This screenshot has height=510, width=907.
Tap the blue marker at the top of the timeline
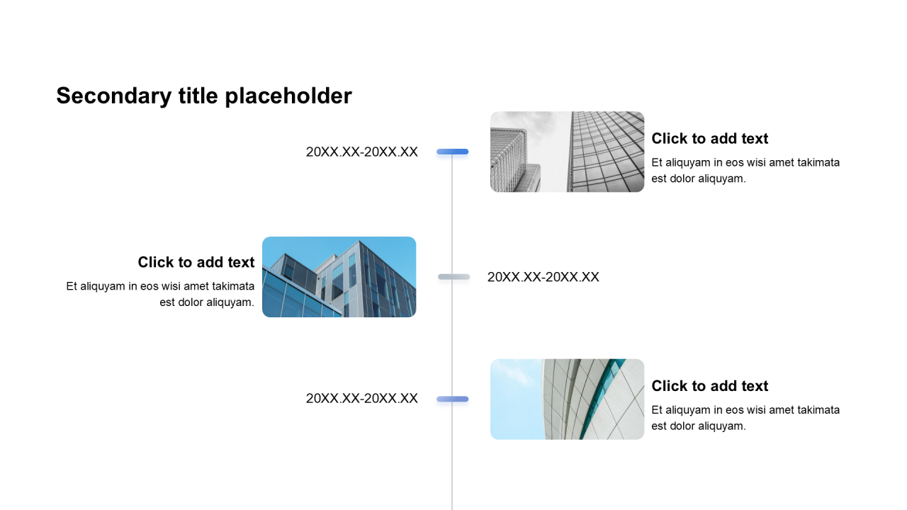453,152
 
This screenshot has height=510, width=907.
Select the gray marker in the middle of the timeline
453,277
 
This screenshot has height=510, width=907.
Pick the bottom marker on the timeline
453,399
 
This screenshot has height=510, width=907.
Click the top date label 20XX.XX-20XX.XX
361,152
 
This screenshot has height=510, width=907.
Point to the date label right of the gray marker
543,277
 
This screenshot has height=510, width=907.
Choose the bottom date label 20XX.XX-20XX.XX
361,398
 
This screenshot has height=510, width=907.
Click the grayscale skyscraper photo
567,152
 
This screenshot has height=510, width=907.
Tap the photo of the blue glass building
339,277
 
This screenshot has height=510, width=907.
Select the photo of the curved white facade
567,399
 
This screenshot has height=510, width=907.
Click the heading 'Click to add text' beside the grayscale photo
709,138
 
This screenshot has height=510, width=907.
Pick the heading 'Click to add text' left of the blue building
196,262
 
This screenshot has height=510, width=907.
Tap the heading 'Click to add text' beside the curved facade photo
709,385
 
